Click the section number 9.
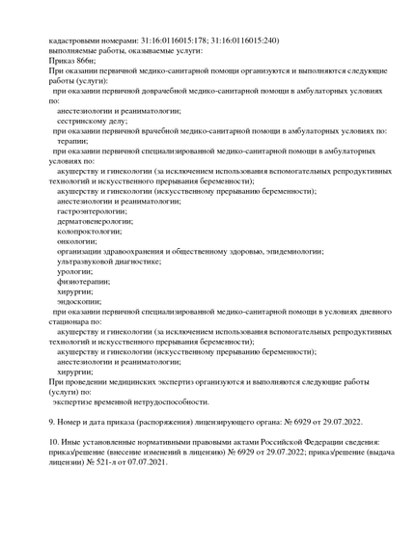[x=51, y=422]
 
